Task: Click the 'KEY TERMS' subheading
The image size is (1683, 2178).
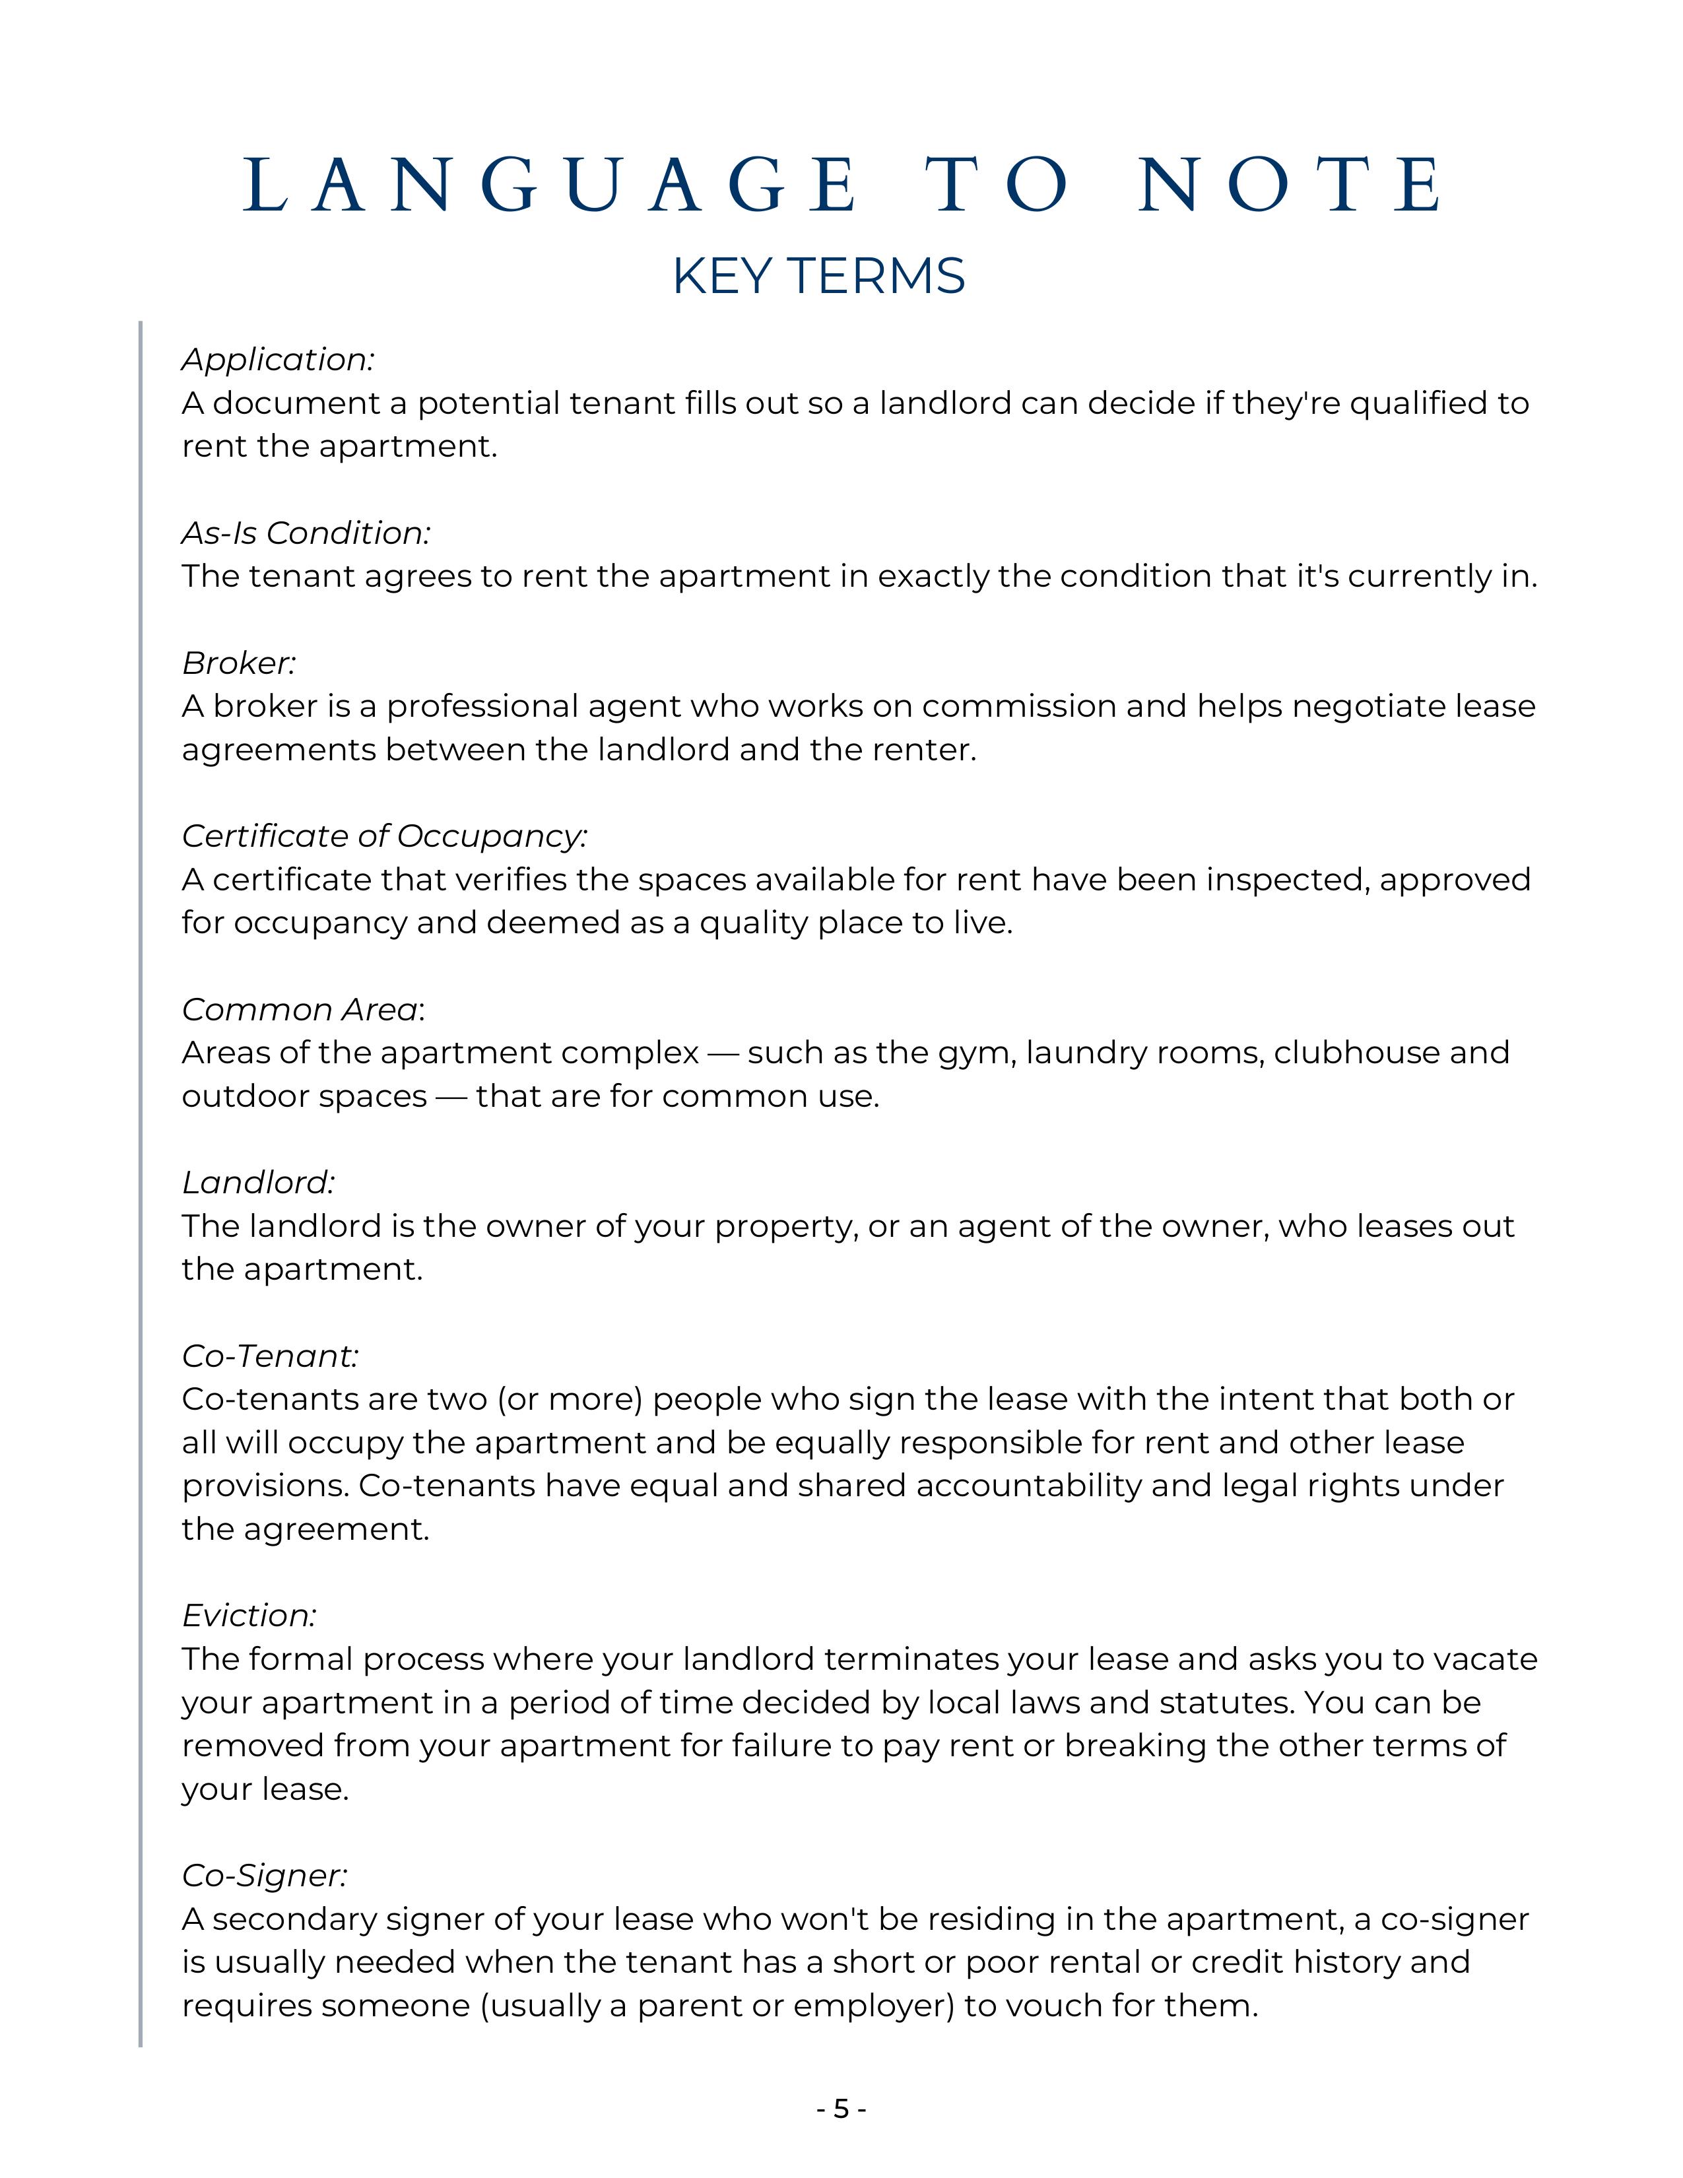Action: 818,277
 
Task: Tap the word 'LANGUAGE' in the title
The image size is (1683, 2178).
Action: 549,185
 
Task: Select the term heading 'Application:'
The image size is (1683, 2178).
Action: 278,360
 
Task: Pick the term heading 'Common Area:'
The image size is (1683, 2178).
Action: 303,1010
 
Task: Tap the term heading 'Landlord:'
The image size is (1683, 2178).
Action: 258,1183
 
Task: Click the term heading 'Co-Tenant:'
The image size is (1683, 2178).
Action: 270,1356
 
